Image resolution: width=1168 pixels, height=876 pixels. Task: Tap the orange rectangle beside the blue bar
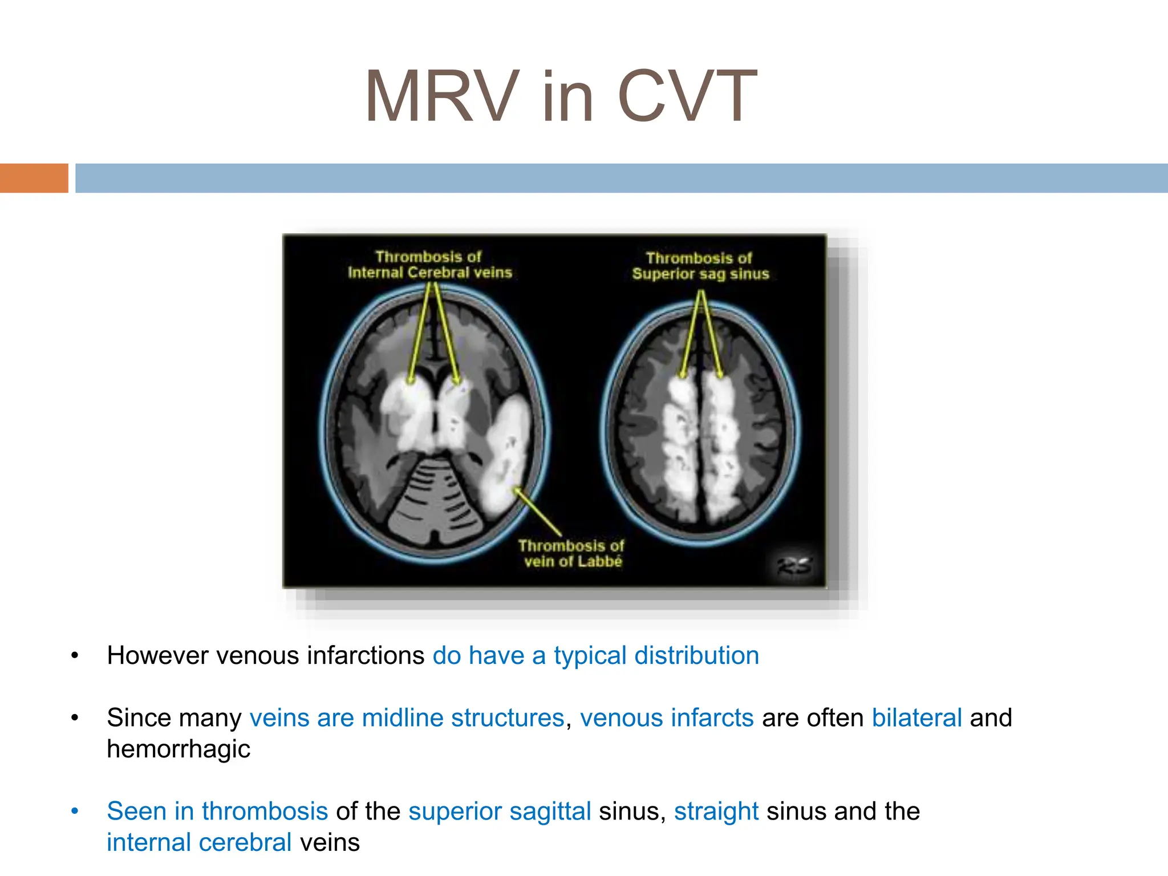coord(34,178)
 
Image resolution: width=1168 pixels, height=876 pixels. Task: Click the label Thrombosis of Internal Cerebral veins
coord(429,265)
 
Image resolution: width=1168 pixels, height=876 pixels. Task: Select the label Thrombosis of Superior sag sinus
coord(700,266)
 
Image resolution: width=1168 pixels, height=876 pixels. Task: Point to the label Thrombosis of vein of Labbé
coord(571,554)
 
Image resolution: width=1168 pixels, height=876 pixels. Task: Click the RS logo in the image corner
coord(794,566)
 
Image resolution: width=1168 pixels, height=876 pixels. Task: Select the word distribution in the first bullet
coord(696,656)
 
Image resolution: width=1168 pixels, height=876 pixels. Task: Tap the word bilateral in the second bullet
coord(916,718)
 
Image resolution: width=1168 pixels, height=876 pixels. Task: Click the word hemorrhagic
coord(179,749)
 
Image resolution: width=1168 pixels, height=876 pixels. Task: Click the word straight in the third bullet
coord(716,812)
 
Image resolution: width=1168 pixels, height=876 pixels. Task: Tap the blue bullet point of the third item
coord(75,811)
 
